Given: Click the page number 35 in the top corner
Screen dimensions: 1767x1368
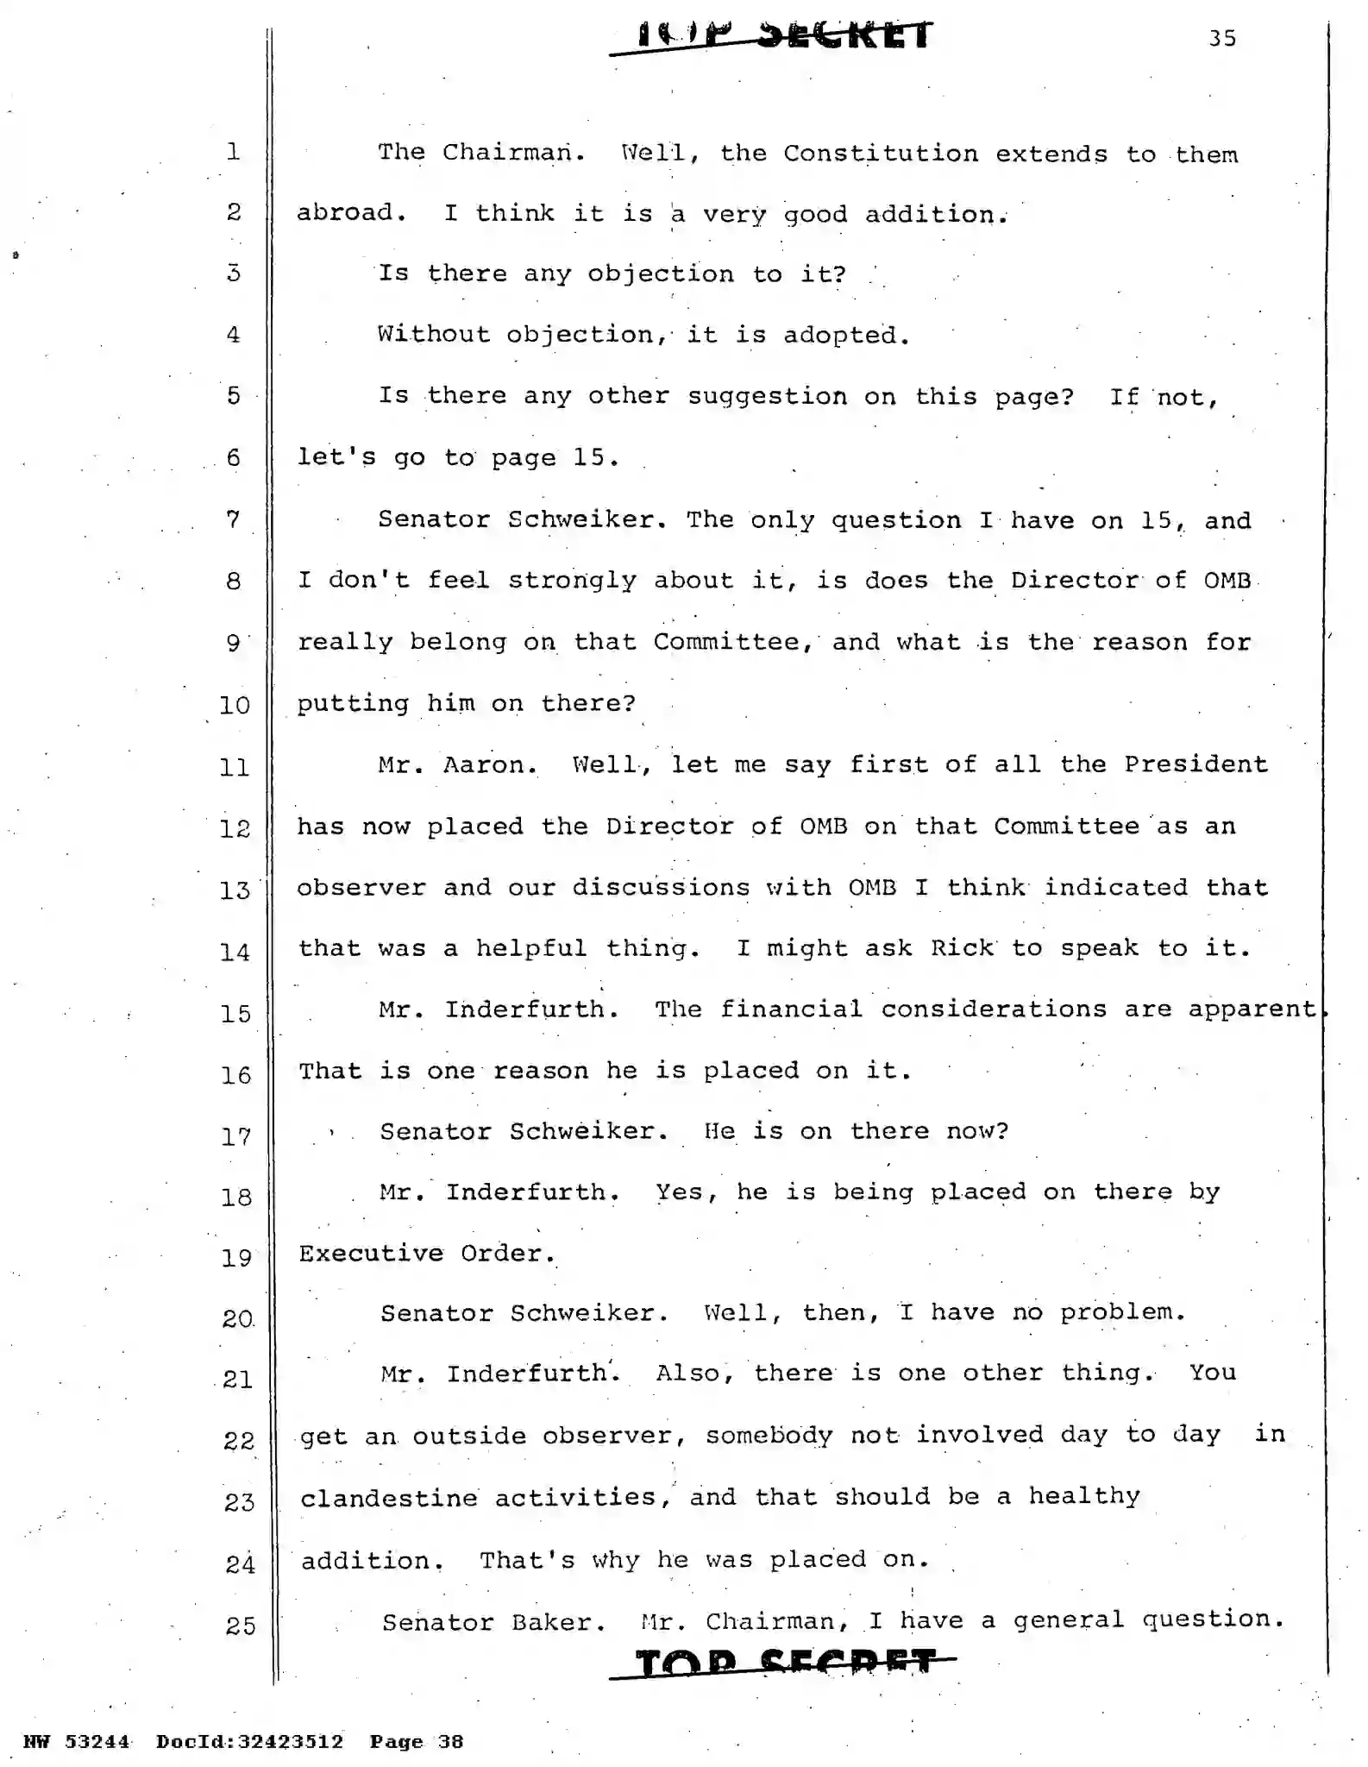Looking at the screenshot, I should click(1222, 39).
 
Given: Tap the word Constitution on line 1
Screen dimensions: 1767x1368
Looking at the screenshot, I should click(881, 154).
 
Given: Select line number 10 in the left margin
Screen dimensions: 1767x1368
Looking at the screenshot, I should click(234, 706).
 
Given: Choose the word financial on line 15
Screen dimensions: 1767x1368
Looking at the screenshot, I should click(791, 1009).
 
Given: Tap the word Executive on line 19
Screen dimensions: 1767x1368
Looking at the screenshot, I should click(371, 1254).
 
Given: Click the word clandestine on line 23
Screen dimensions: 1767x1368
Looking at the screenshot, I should click(389, 1498).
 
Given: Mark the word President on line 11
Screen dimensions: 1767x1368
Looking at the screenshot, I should click(1195, 765).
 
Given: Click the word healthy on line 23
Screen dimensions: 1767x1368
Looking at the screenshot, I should click(1083, 1496).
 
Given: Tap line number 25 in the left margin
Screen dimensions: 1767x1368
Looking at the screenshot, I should click(240, 1626).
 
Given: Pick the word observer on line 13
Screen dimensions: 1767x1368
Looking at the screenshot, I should click(361, 889).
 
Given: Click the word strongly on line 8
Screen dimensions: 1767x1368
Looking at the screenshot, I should click(572, 581).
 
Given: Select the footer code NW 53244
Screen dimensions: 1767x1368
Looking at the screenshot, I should click(76, 1741).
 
